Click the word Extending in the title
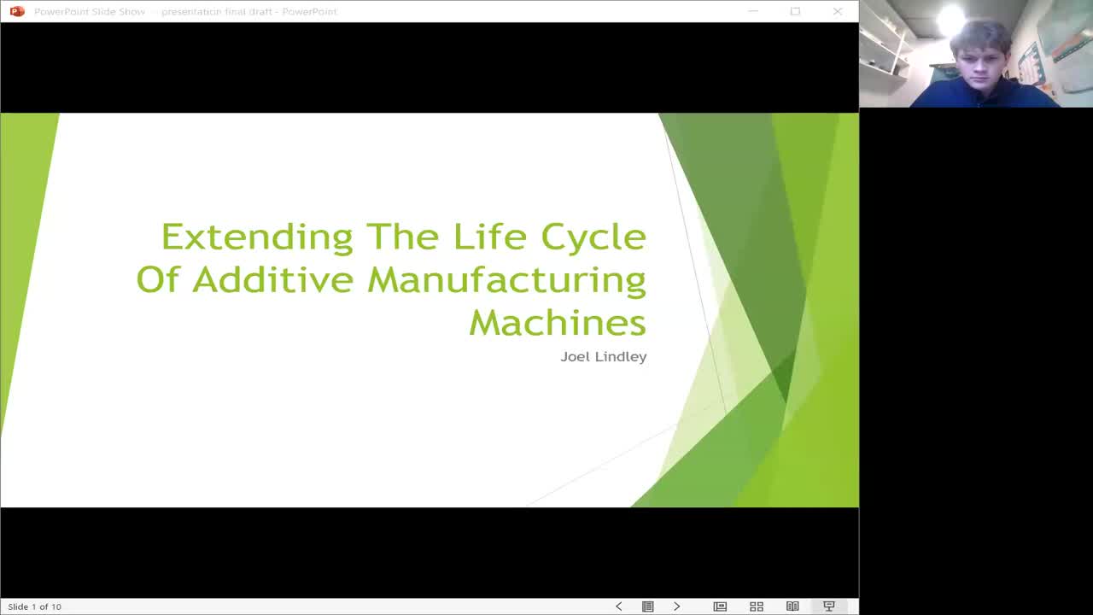(257, 237)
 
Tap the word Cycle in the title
(593, 237)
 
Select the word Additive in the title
(272, 279)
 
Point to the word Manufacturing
(506, 280)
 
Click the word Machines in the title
(557, 322)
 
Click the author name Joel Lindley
(603, 356)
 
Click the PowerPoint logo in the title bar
(16, 11)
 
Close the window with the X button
(837, 11)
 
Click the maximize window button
(795, 11)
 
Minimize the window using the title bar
(753, 11)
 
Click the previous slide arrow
(619, 606)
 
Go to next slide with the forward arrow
(677, 606)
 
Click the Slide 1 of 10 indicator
(35, 606)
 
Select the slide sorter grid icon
(757, 606)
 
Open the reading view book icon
(792, 606)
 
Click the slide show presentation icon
(828, 606)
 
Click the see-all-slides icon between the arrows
(648, 606)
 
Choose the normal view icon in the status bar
(720, 606)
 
